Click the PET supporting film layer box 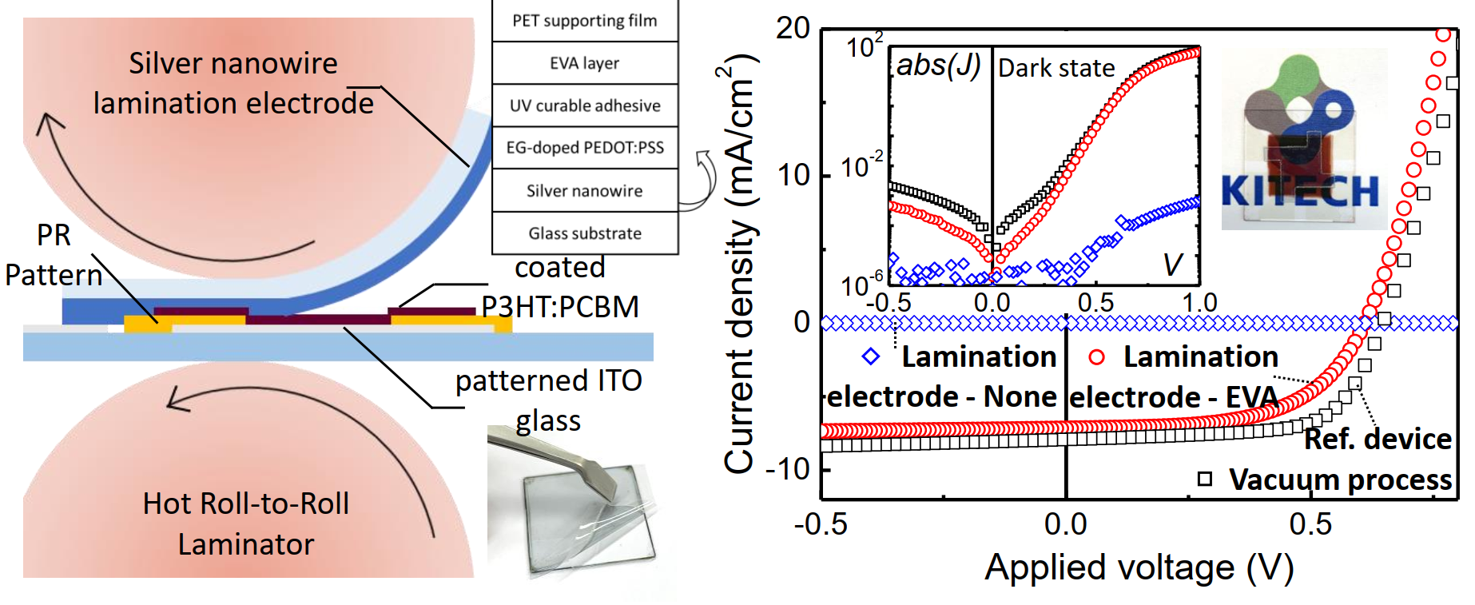coord(585,21)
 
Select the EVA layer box coord(585,63)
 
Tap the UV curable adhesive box coord(585,105)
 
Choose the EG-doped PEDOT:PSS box coord(585,148)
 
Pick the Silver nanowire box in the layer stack coord(585,191)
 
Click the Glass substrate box coord(585,233)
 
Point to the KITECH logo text coord(1300,192)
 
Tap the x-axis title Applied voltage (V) coord(1139,568)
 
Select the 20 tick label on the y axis coord(793,29)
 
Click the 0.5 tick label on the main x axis coord(1310,524)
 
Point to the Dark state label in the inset coord(1056,69)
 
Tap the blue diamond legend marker coord(871,357)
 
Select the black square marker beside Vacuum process coord(1205,480)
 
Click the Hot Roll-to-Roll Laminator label coord(246,523)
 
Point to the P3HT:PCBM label coord(560,307)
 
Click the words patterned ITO coord(549,380)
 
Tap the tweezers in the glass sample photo coord(559,460)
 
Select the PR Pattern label coord(54,255)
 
